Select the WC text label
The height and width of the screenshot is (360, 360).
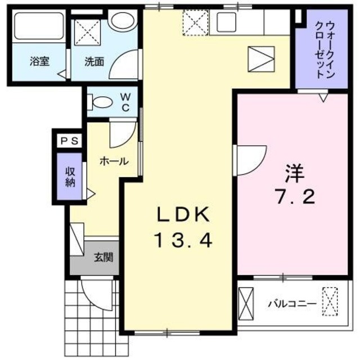[125, 102]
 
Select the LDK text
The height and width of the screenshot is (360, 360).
[183, 214]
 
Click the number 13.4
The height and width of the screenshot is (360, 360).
[183, 241]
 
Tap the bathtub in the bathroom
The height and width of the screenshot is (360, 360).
[38, 26]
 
